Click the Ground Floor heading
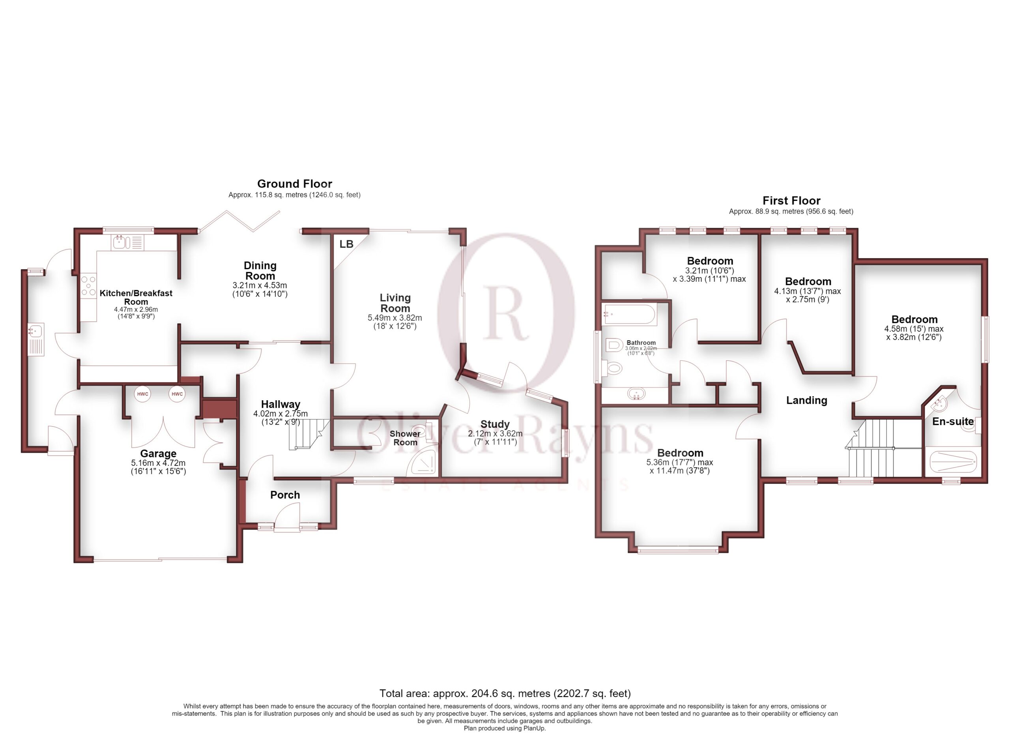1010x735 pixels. tap(294, 184)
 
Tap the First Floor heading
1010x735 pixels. tap(791, 201)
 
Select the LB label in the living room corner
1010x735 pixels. tap(346, 244)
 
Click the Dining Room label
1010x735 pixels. tap(260, 270)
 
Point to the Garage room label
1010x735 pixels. tap(158, 454)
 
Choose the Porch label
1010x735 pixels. tap(285, 495)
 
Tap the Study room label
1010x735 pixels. tap(495, 424)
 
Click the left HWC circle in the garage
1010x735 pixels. tap(142, 394)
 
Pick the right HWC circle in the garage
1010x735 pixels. tap(177, 394)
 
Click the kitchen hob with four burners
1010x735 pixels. tap(88, 285)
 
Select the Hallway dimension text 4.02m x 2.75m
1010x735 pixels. tap(281, 413)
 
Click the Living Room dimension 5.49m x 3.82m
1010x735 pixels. tap(395, 318)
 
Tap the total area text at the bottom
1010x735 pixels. tap(505, 693)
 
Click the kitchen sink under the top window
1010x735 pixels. tap(127, 242)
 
